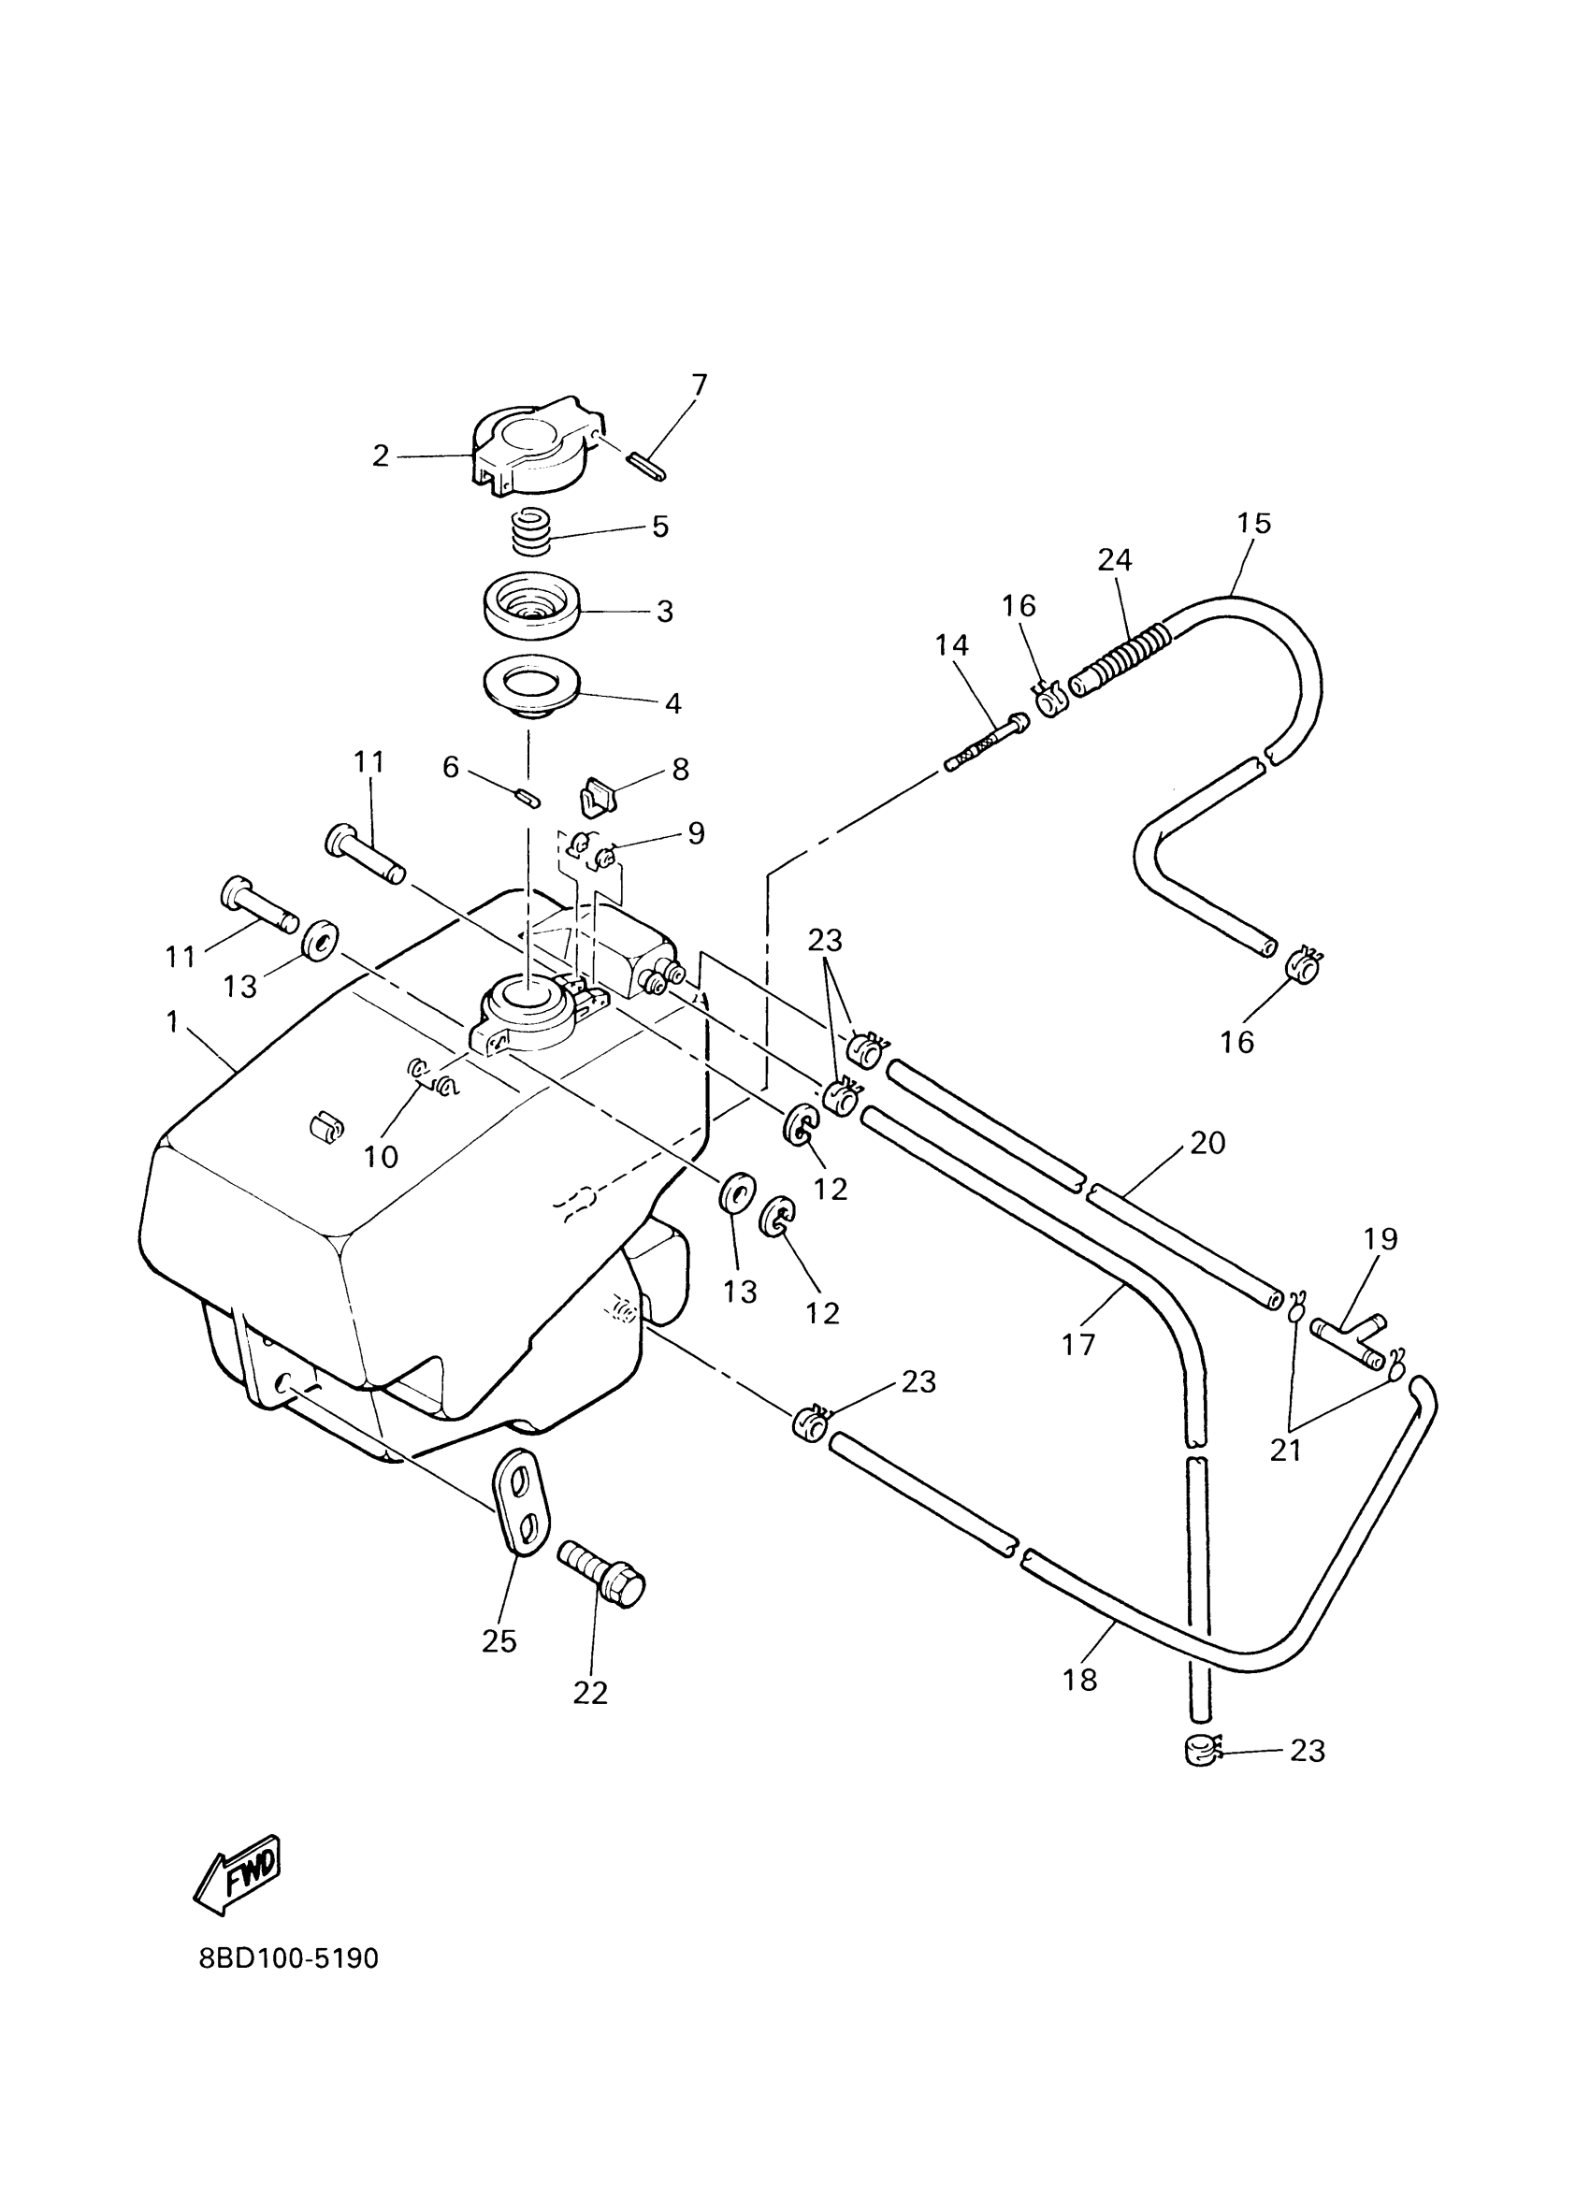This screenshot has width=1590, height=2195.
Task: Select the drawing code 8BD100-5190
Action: pos(288,1959)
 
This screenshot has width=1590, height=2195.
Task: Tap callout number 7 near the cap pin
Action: pos(699,385)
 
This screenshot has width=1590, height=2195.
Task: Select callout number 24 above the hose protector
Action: pos(1115,559)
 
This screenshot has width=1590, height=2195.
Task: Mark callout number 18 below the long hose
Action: pos(1080,1680)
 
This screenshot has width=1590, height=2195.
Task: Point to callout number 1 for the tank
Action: pos(172,1022)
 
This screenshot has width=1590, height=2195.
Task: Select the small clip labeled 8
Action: pos(598,798)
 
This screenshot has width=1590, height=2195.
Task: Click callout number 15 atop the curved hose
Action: pos(1254,524)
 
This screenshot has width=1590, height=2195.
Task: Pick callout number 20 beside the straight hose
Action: pos(1207,1143)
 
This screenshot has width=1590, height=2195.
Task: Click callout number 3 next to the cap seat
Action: pos(664,612)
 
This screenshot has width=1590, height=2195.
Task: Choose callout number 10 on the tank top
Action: pos(382,1157)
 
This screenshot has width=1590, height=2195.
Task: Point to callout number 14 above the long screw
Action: pos(952,644)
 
